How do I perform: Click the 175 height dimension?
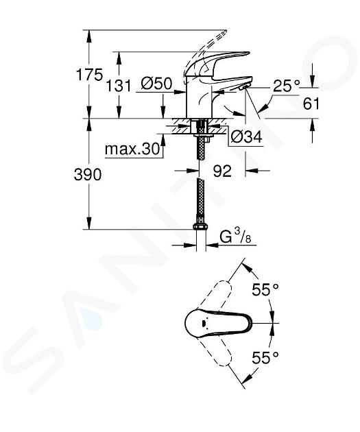click(x=89, y=75)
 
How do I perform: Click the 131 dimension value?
click(x=119, y=86)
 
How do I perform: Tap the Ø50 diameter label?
click(x=156, y=83)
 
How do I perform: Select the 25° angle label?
click(x=286, y=86)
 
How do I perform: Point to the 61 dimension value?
click(x=311, y=104)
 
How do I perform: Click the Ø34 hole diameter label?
click(x=246, y=136)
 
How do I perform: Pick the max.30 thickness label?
click(x=132, y=149)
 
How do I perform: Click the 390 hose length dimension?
click(x=88, y=175)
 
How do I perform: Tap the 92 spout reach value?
click(x=222, y=171)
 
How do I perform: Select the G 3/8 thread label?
click(x=235, y=237)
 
